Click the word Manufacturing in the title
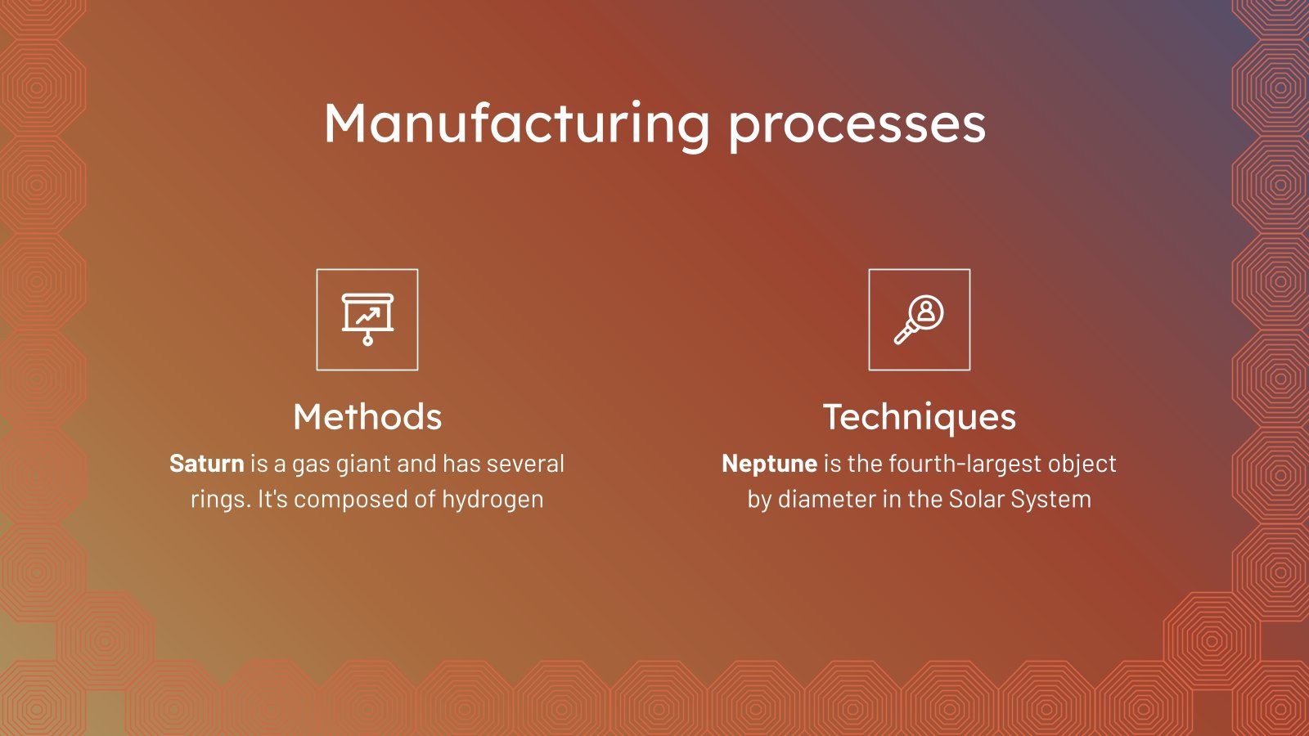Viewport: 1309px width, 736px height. pyautogui.click(x=516, y=123)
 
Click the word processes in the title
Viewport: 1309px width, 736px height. pyautogui.click(x=857, y=125)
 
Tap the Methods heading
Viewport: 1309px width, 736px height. pyautogui.click(x=367, y=417)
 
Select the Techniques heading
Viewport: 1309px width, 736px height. pyautogui.click(x=920, y=417)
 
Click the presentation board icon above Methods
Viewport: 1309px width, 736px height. pyautogui.click(x=367, y=319)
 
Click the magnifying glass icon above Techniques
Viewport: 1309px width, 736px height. pyautogui.click(x=919, y=319)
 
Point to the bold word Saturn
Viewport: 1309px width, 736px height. pyautogui.click(x=206, y=464)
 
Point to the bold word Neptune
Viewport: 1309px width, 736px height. pyautogui.click(x=769, y=464)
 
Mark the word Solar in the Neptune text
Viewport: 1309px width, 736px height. pyautogui.click(x=976, y=499)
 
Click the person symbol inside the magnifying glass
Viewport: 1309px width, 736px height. pyautogui.click(x=927, y=311)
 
